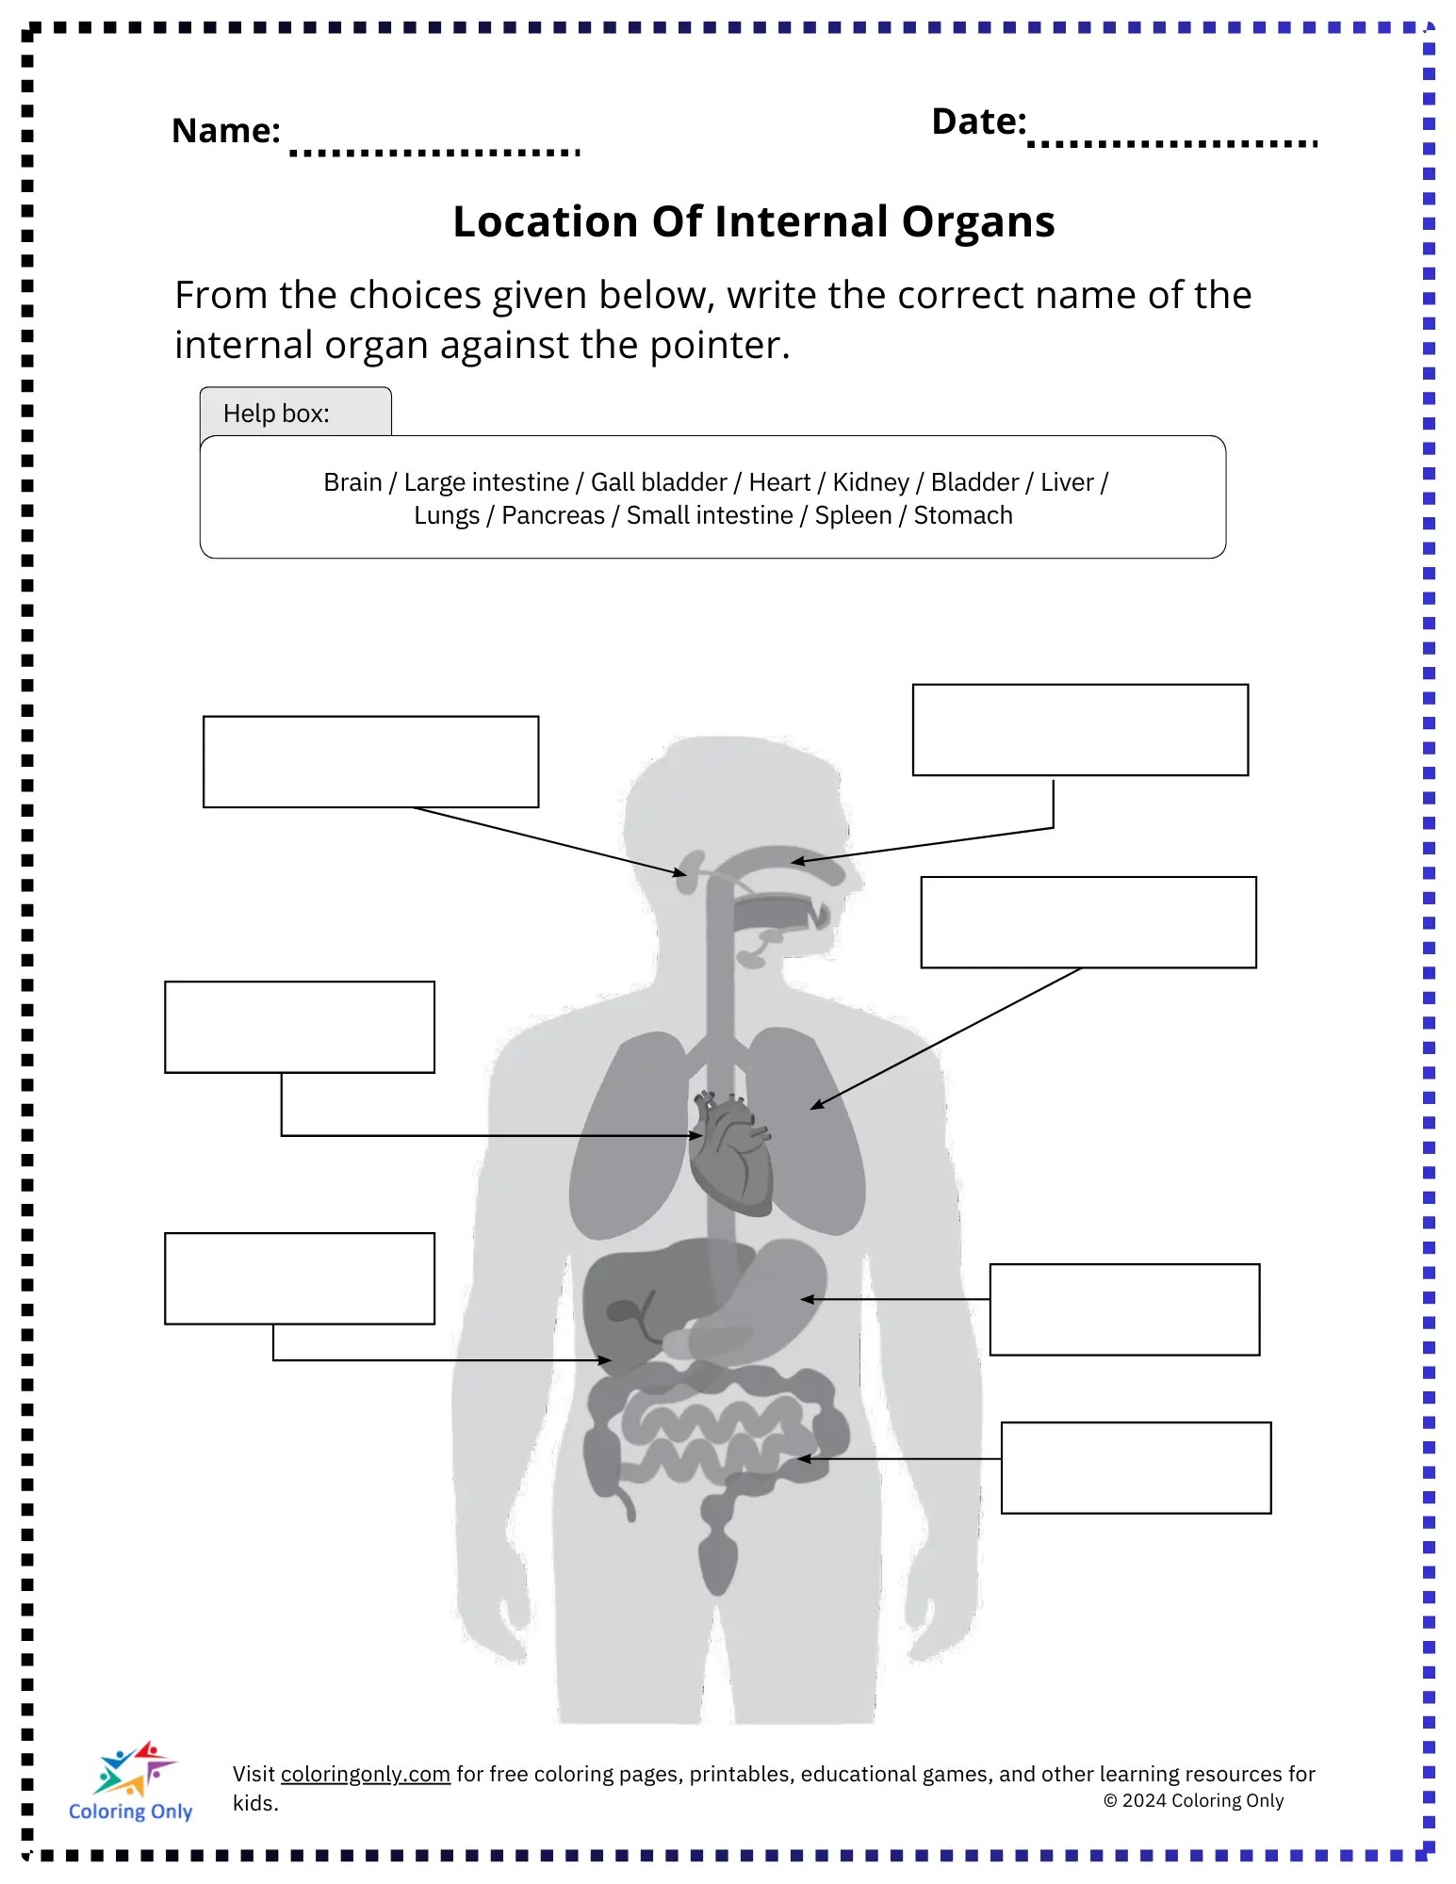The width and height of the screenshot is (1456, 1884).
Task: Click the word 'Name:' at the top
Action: [x=225, y=131]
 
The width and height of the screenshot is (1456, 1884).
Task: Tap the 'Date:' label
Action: [x=977, y=122]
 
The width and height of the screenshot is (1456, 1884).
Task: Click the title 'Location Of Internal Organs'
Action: [x=753, y=222]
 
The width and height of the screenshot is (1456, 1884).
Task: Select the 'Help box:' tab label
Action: [x=276, y=414]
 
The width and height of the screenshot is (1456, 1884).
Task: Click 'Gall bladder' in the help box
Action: [x=659, y=482]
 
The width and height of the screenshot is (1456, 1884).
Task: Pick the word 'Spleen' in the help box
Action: [x=853, y=515]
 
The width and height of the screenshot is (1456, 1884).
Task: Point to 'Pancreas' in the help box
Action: [x=552, y=515]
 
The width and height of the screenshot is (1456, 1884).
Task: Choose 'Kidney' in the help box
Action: [x=871, y=482]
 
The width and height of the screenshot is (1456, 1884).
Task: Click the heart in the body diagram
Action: [x=729, y=1154]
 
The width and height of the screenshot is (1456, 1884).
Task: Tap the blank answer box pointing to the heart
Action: [x=300, y=1027]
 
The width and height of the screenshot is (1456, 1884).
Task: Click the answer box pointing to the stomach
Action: [x=1124, y=1309]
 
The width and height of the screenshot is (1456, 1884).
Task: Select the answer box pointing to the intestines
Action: [x=1136, y=1468]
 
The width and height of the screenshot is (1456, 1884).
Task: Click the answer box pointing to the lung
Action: [x=1088, y=922]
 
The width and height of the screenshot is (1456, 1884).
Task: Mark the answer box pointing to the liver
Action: [x=300, y=1278]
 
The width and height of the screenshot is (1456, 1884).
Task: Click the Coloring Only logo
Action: [x=131, y=1781]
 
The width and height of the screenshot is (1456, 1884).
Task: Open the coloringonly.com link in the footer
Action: [x=365, y=1774]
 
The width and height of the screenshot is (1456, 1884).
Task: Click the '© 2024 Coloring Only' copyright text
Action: [x=1193, y=1800]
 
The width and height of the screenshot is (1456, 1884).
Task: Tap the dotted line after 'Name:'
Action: [x=434, y=151]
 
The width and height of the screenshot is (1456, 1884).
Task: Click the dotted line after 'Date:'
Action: [x=1172, y=143]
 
